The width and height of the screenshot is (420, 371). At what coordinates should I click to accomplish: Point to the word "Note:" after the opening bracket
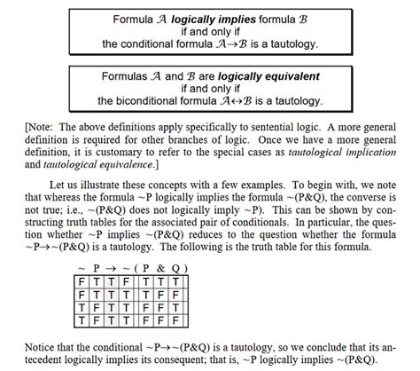[x=42, y=127]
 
